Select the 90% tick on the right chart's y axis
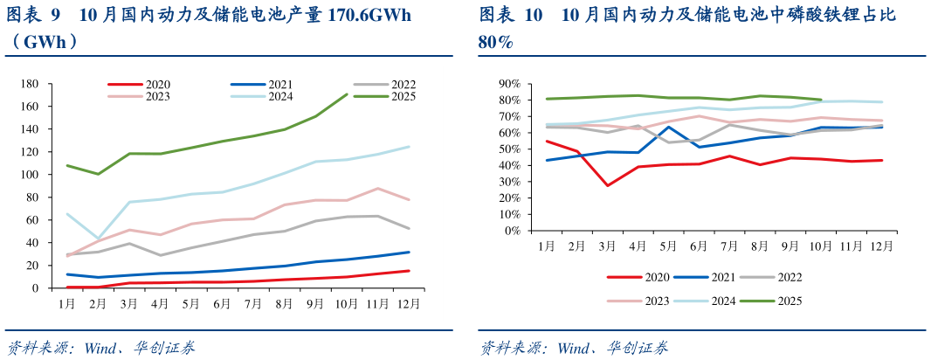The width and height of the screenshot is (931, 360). coord(509,84)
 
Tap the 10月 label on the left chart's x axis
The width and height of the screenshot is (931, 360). coord(347,303)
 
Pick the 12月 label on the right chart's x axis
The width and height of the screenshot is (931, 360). coord(880,246)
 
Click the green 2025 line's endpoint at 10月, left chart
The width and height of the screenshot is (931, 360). coord(347,94)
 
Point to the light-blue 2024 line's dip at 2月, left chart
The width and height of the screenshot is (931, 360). coord(98,239)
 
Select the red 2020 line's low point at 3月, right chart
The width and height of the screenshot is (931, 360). coord(607,185)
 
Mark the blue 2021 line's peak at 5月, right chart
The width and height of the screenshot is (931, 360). coord(669,127)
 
